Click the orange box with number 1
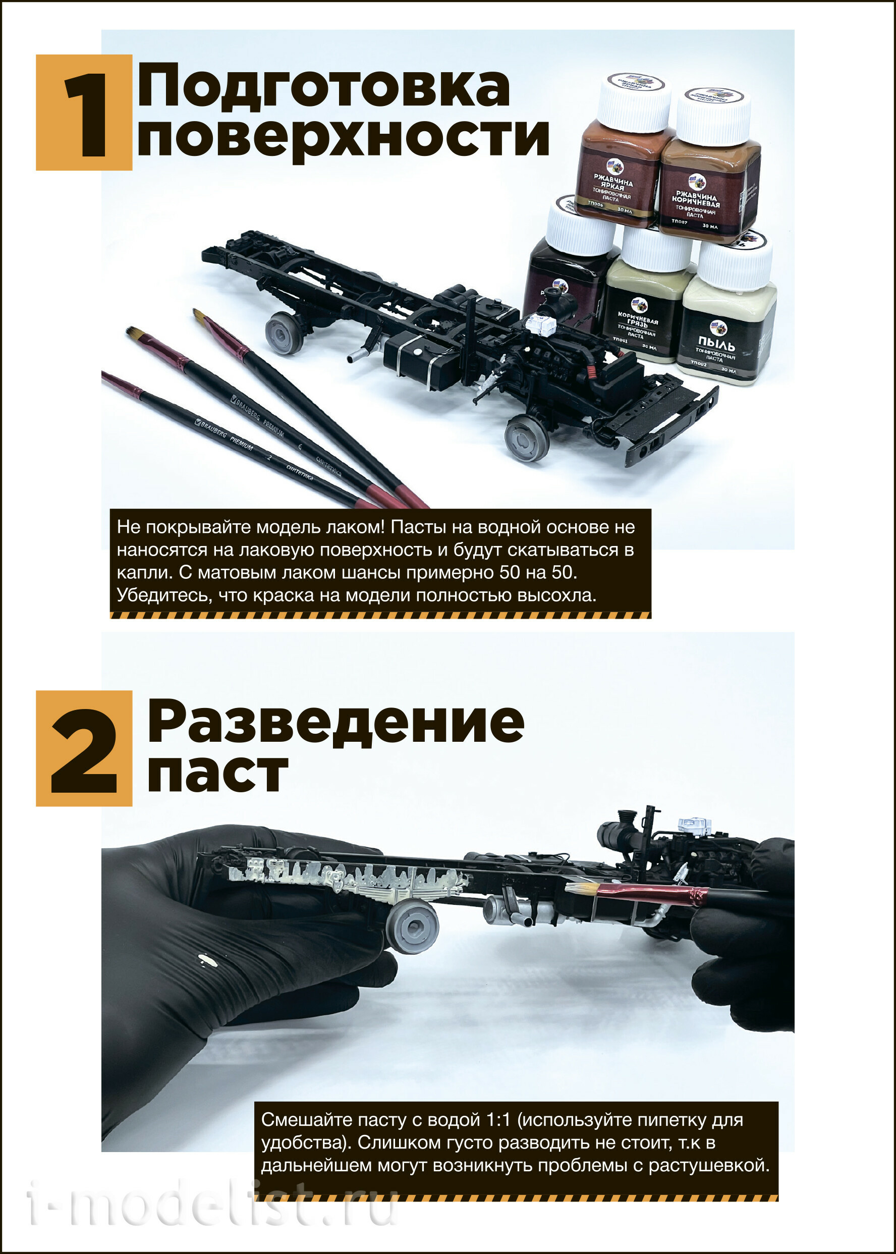84,112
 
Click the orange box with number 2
84,748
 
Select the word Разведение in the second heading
335,722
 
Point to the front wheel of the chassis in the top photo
527,437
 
